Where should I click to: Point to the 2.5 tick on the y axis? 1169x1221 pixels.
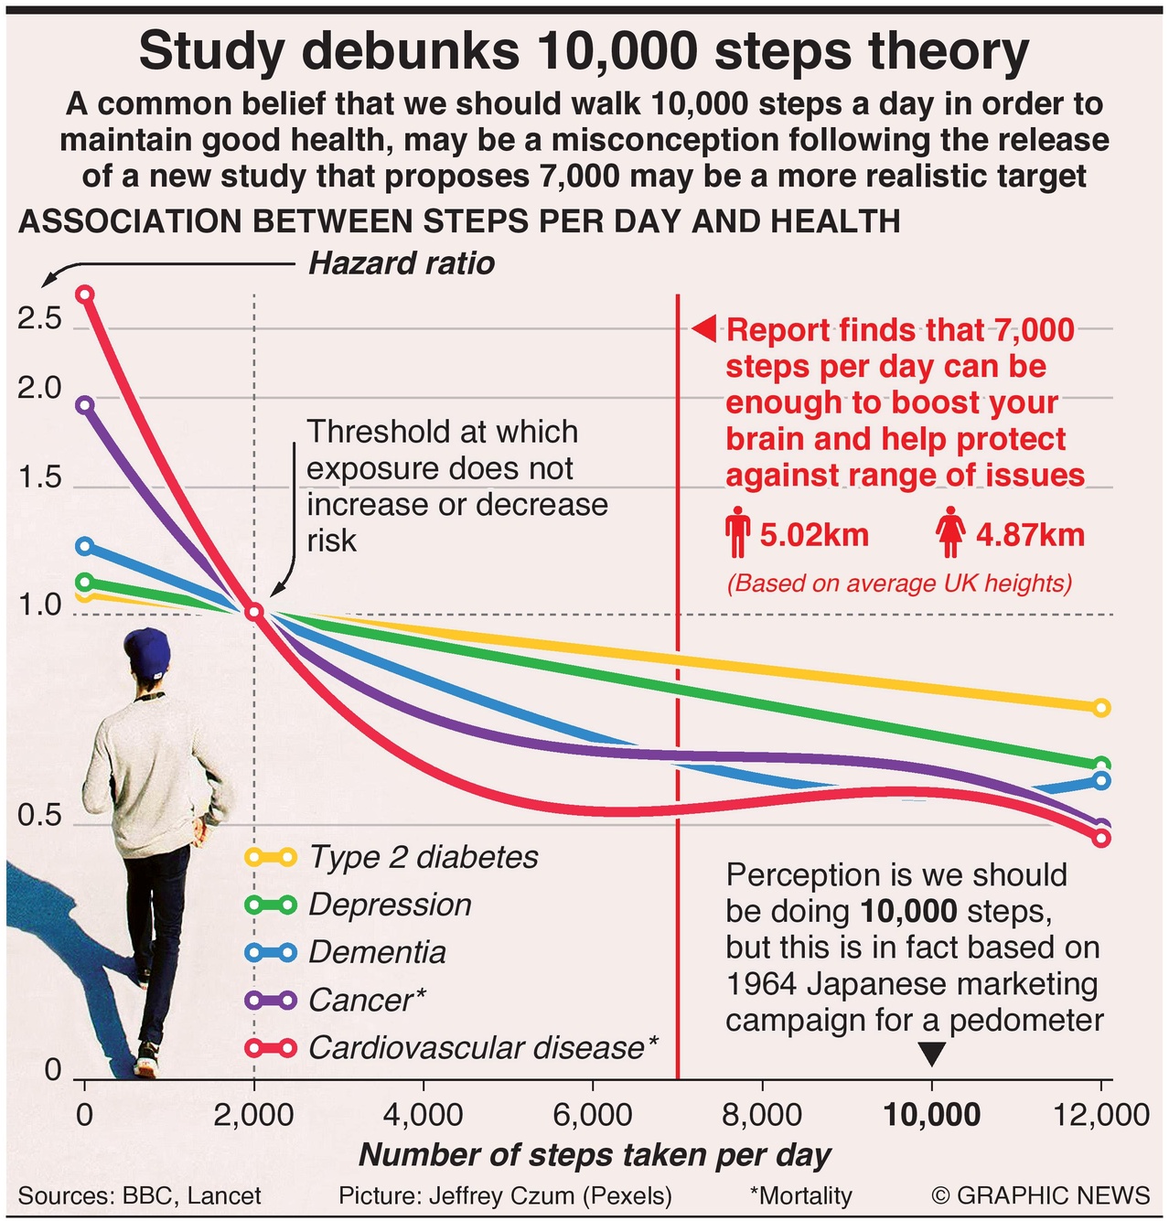pyautogui.click(x=39, y=319)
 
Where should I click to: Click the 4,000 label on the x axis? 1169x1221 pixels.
pyautogui.click(x=423, y=1115)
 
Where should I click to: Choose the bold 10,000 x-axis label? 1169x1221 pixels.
pyautogui.click(x=931, y=1115)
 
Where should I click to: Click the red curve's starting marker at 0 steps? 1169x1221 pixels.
pyautogui.click(x=85, y=294)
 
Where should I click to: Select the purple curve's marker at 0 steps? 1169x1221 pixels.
pyautogui.click(x=85, y=405)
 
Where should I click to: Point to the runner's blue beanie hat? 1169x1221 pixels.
pyautogui.click(x=147, y=652)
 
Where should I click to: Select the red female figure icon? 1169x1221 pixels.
pyautogui.click(x=951, y=533)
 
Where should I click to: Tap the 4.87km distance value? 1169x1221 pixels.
pyautogui.click(x=1030, y=534)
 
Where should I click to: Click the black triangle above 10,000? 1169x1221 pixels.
pyautogui.click(x=931, y=1055)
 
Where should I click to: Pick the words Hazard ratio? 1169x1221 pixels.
pyautogui.click(x=402, y=263)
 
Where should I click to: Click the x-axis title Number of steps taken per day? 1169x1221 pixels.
pyautogui.click(x=595, y=1155)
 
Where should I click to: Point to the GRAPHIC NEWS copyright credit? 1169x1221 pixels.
pyautogui.click(x=1040, y=1195)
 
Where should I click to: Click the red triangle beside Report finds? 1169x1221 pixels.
pyautogui.click(x=704, y=328)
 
